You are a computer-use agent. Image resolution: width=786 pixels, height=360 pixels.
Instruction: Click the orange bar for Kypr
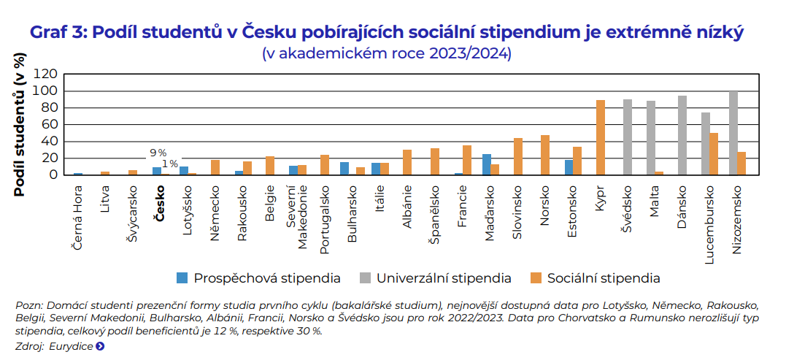pos(601,137)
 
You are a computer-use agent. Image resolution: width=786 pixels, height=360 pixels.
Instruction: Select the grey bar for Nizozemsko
pos(733,133)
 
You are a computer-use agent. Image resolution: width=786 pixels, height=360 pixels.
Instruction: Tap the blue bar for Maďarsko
pos(487,164)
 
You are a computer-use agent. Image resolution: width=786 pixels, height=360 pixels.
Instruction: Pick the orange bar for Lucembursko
pos(714,153)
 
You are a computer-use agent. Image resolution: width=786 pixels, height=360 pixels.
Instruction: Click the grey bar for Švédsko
pos(628,137)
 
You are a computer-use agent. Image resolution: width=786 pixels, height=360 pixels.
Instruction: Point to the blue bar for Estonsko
pos(569,167)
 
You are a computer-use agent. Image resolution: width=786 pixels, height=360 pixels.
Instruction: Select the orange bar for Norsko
pos(545,155)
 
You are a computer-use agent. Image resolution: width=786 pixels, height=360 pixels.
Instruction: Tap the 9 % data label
pos(158,153)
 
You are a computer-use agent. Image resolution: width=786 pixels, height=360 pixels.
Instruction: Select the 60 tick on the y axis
pos(49,124)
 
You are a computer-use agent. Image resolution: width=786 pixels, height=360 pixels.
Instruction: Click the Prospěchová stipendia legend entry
pos(259,278)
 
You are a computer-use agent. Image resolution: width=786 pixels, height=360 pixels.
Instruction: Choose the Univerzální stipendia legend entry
pos(435,278)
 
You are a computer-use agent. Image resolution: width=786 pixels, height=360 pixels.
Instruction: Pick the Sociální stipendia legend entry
pos(595,278)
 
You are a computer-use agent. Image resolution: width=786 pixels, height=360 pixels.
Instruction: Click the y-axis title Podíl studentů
pos(20,124)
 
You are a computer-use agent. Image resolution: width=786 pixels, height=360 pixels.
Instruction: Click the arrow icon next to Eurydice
pos(100,346)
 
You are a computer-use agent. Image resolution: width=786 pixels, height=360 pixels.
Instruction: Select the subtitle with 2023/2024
pos(387,54)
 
